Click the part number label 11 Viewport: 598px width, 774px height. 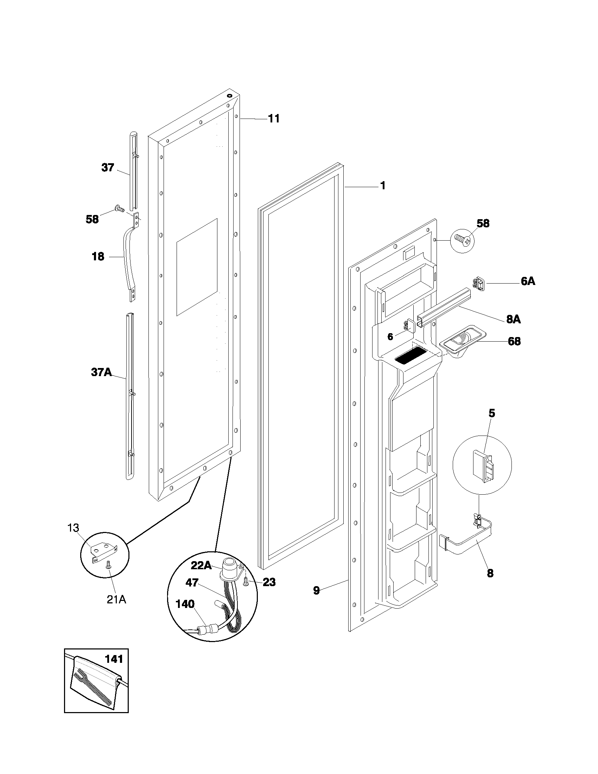pyautogui.click(x=273, y=119)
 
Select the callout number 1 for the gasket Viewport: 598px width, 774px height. pyautogui.click(x=383, y=186)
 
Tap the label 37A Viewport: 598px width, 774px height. pyautogui.click(x=101, y=372)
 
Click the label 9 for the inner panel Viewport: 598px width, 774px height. pyautogui.click(x=316, y=590)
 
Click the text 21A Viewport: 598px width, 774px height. pyautogui.click(x=116, y=599)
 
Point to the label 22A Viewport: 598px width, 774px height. pyautogui.click(x=201, y=566)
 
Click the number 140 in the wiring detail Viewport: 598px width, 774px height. pyautogui.click(x=185, y=604)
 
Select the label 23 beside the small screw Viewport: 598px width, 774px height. pyautogui.click(x=269, y=582)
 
